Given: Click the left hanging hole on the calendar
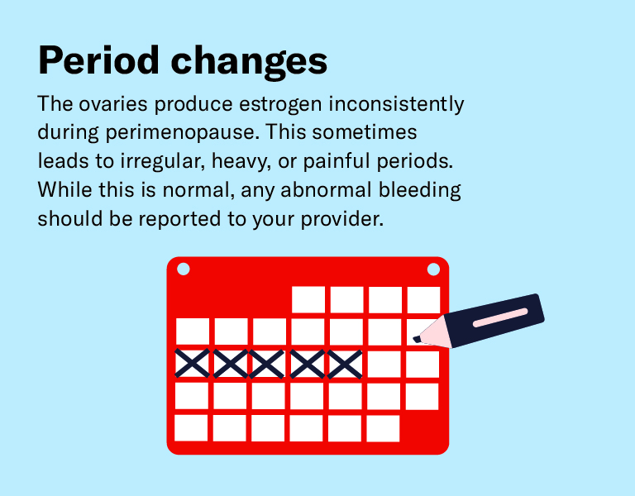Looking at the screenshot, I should click(x=184, y=269).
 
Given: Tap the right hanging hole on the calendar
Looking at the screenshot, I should click(x=432, y=269).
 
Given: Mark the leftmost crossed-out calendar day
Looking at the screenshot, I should click(x=192, y=364).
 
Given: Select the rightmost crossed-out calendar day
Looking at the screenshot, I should click(x=346, y=364).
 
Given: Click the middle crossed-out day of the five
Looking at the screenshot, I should click(x=269, y=364).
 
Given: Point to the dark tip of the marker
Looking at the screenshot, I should click(x=417, y=338).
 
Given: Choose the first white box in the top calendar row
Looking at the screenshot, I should click(x=308, y=299).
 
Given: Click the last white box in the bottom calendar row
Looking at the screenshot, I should click(x=383, y=427).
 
